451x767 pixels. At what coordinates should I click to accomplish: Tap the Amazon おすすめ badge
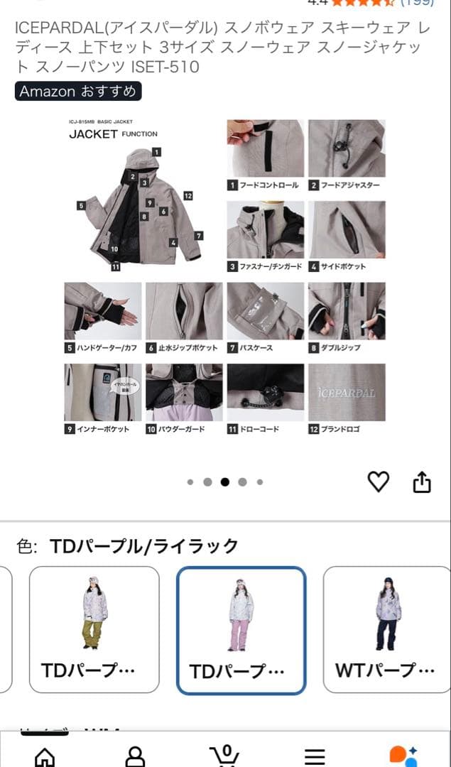point(78,92)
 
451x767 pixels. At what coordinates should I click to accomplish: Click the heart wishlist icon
point(379,482)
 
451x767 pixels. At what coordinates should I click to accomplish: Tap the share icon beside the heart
point(422,482)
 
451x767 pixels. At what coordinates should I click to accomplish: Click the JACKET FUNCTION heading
point(113,134)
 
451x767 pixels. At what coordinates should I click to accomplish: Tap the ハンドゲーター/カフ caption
point(102,348)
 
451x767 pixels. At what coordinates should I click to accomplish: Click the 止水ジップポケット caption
point(183,348)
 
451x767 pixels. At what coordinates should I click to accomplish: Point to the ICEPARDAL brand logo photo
point(347,393)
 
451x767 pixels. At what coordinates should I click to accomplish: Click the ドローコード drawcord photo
point(266,393)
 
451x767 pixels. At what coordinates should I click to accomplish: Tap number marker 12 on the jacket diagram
point(188,195)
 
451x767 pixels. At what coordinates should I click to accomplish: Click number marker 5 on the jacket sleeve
point(82,205)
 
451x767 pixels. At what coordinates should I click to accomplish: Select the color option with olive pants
point(94,629)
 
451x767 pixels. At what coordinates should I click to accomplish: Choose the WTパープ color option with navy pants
point(388,629)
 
